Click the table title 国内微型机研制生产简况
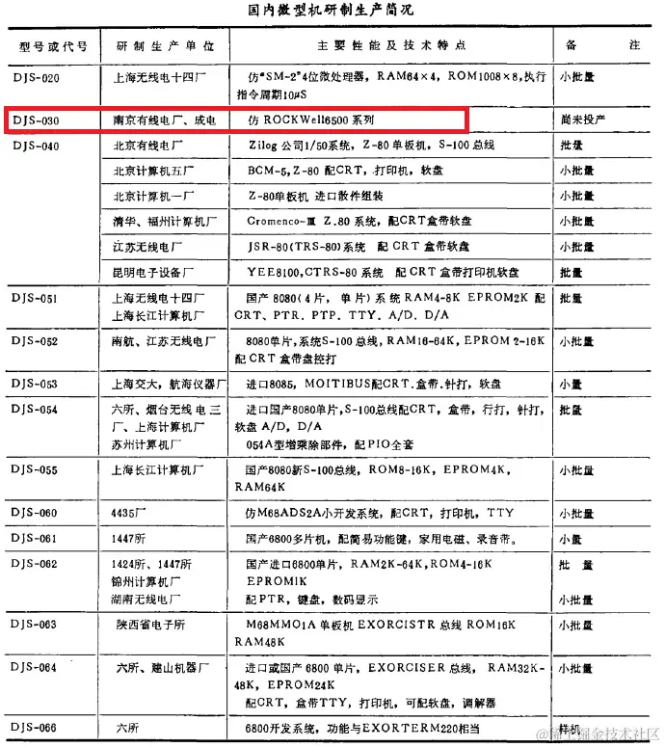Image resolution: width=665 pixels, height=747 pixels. [x=331, y=12]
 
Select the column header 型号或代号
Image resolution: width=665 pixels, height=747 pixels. [x=54, y=45]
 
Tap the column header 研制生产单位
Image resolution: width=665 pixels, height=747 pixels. [x=165, y=45]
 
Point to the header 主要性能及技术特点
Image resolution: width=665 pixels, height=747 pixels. [x=391, y=45]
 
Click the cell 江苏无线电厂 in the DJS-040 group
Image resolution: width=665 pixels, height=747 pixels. [x=154, y=247]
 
